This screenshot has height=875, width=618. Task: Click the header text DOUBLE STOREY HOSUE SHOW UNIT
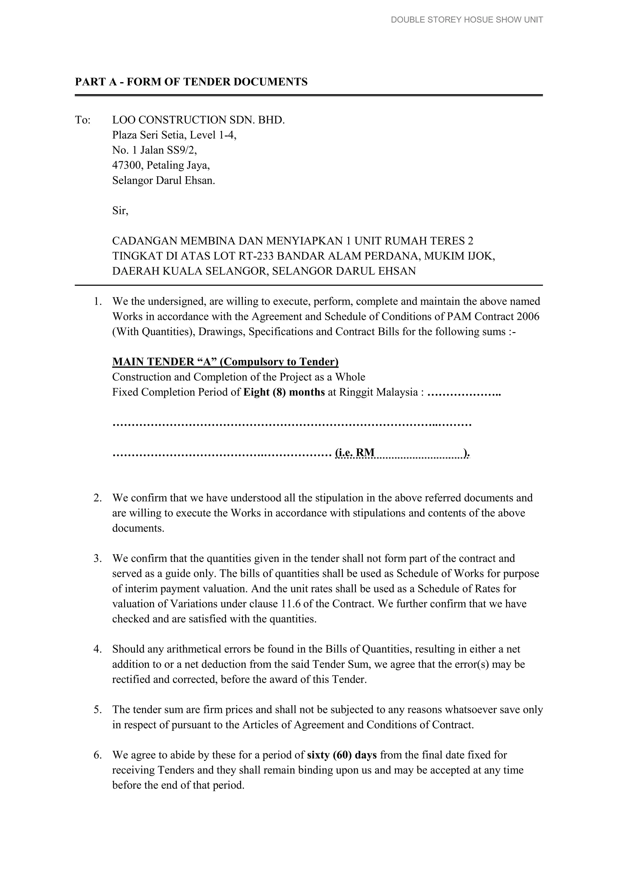(x=467, y=20)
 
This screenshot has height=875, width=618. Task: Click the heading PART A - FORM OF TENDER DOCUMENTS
(x=191, y=82)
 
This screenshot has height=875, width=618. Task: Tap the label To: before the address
(x=83, y=120)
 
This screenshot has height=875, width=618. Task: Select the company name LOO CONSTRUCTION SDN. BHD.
(x=198, y=120)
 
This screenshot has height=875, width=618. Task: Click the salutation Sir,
(x=120, y=211)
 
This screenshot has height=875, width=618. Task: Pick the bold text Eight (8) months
(x=284, y=392)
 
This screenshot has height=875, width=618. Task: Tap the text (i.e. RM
(x=355, y=453)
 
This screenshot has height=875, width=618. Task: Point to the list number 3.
(x=97, y=558)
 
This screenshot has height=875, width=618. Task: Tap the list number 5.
(x=97, y=710)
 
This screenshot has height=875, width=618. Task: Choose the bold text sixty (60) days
(x=342, y=755)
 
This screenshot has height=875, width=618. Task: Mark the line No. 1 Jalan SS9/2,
(x=154, y=150)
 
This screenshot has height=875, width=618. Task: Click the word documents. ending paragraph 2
(x=138, y=528)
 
